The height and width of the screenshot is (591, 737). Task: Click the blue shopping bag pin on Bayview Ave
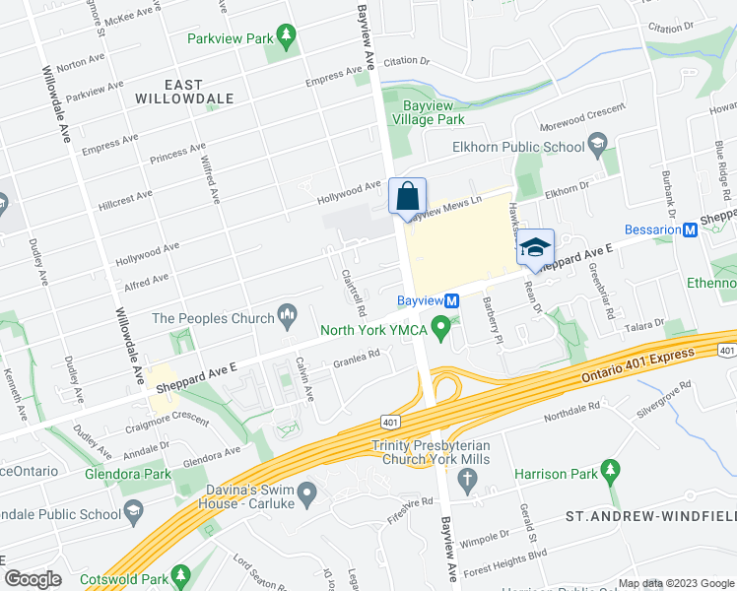[x=407, y=196]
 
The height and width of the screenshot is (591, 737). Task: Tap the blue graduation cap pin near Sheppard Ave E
[x=535, y=248]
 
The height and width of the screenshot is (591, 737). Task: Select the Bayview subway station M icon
[x=452, y=300]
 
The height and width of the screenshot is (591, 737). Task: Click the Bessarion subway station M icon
[x=691, y=230]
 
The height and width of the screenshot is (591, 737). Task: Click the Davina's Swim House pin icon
[x=307, y=491]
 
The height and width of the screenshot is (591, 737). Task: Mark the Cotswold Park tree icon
[x=179, y=573]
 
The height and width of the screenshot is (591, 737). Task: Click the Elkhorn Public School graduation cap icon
[x=597, y=148]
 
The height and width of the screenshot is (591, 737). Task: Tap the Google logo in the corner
[x=33, y=579]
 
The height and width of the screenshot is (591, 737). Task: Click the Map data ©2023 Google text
[x=676, y=583]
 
